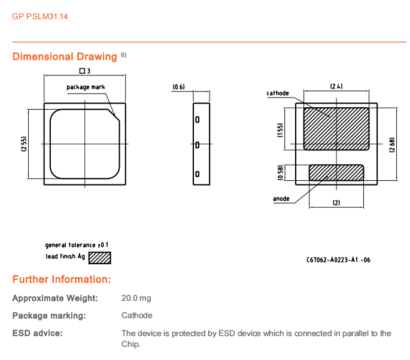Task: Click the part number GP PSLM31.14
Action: tap(40, 16)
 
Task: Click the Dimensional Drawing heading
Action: tap(65, 57)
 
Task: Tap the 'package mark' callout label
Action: tap(86, 87)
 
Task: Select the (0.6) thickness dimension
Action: tap(178, 87)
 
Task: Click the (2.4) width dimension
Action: tap(336, 87)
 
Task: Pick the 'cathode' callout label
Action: tap(278, 93)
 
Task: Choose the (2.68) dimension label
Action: tap(391, 144)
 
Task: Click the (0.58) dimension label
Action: tap(280, 173)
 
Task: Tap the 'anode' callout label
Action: tap(281, 198)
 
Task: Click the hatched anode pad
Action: tap(336, 173)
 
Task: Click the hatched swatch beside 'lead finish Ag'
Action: tap(100, 258)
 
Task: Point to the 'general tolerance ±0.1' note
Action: tap(77, 245)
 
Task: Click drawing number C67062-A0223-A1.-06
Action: tap(338, 260)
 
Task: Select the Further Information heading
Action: tap(61, 280)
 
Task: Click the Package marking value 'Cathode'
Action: tap(137, 315)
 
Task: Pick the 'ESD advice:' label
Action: tap(37, 333)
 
